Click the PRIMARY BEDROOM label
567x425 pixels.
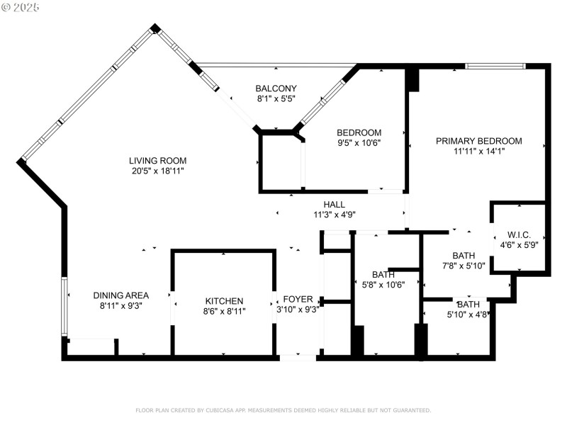[478, 141]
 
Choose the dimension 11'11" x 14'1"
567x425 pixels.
[478, 151]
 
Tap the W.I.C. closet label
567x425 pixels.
[520, 235]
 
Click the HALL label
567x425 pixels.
[335, 205]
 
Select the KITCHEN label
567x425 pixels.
[224, 301]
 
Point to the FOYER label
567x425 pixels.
[298, 299]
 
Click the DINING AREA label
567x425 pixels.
[121, 295]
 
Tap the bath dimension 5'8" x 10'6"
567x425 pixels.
[383, 285]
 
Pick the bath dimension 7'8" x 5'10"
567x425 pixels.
[464, 266]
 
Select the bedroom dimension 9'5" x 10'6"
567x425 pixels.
[359, 142]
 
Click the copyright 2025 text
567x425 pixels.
[21, 7]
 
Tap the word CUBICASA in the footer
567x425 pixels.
[223, 410]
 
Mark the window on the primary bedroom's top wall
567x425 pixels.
[495, 67]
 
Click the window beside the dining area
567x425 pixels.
[64, 306]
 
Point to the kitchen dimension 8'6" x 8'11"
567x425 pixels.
[224, 311]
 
